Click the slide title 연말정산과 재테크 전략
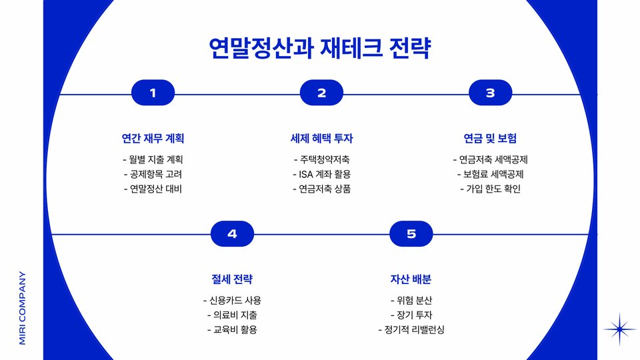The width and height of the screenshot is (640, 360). pyautogui.click(x=320, y=48)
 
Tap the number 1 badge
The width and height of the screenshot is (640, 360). pyautogui.click(x=153, y=93)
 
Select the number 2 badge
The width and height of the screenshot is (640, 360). pyautogui.click(x=321, y=93)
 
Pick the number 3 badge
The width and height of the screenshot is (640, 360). pyautogui.click(x=490, y=93)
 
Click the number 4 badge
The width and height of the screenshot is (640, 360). pyautogui.click(x=232, y=234)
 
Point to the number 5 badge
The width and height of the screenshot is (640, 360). pyautogui.click(x=411, y=234)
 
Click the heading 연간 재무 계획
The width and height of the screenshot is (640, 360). pyautogui.click(x=153, y=139)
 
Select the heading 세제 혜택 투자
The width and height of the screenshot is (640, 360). pyautogui.click(x=321, y=139)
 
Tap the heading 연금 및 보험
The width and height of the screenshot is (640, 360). pyautogui.click(x=490, y=139)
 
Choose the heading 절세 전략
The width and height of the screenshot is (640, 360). pyautogui.click(x=232, y=279)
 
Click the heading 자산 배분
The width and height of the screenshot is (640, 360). pyautogui.click(x=411, y=279)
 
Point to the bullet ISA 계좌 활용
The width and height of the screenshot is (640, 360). pyautogui.click(x=321, y=174)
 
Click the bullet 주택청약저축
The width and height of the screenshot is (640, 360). pyautogui.click(x=321, y=160)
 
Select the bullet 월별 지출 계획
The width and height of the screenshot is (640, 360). pyautogui.click(x=153, y=160)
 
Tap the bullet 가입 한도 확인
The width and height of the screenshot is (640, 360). pyautogui.click(x=490, y=189)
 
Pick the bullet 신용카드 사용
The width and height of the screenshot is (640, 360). pyautogui.click(x=232, y=300)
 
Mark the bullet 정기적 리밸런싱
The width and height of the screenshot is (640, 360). pyautogui.click(x=411, y=329)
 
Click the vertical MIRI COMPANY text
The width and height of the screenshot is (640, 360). pyautogui.click(x=22, y=307)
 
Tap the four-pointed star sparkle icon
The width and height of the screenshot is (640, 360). pyautogui.click(x=620, y=329)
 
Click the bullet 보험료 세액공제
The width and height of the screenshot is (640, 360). pyautogui.click(x=490, y=174)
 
